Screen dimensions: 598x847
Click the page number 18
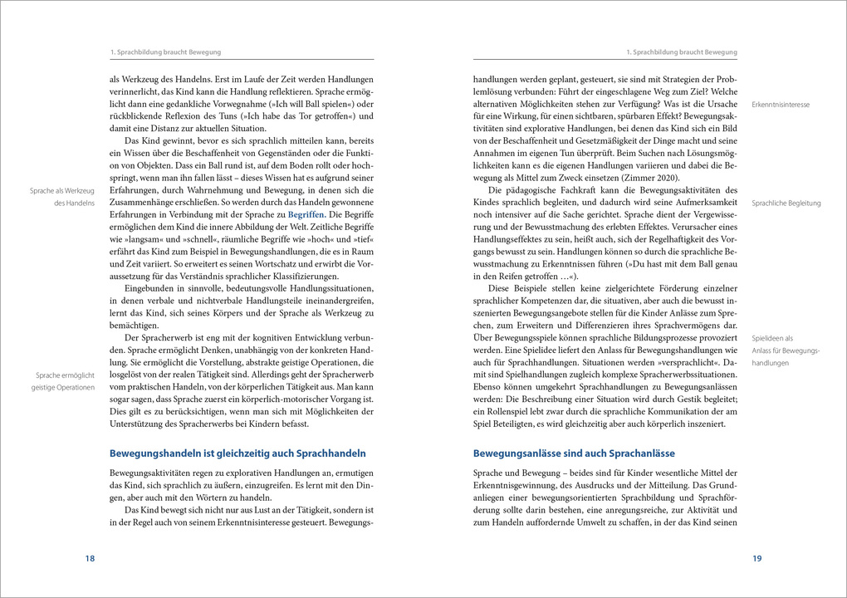click(90, 559)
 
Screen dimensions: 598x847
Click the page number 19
click(756, 559)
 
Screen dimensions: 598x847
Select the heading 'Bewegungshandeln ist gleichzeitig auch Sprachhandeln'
click(237, 453)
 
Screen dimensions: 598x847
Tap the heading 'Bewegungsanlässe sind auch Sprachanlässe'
click(573, 453)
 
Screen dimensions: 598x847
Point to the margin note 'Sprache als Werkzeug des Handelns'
click(62, 197)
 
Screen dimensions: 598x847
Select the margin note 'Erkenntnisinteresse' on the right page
click(781, 105)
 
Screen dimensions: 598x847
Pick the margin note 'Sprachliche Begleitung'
click(786, 203)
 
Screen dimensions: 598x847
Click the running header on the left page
click(165, 52)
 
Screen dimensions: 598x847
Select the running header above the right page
click(681, 52)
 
